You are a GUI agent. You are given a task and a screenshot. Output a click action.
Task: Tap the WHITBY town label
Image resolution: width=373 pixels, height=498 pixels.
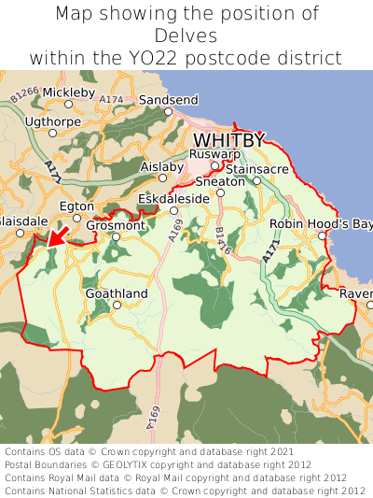click(228, 140)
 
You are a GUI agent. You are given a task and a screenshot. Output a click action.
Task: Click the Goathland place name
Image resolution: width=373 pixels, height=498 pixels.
click(117, 293)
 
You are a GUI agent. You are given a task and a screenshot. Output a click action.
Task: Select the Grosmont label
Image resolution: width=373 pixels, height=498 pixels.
click(116, 225)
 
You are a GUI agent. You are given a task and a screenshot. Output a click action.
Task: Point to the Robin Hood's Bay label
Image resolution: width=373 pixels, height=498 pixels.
click(321, 224)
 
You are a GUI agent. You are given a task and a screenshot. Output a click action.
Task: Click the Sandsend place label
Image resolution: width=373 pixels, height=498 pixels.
click(169, 100)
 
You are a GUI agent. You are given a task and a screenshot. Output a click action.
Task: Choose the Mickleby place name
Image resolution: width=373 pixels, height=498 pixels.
click(69, 92)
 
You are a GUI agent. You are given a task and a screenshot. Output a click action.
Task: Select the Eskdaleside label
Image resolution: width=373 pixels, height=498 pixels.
click(173, 199)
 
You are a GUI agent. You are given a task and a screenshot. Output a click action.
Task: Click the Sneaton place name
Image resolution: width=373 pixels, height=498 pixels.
click(220, 181)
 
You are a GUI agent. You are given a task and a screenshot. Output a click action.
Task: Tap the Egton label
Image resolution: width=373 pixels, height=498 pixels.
click(76, 206)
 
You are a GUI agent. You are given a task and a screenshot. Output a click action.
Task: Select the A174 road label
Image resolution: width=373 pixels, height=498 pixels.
click(111, 99)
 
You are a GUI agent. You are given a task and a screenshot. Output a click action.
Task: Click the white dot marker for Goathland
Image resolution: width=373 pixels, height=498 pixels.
click(117, 305)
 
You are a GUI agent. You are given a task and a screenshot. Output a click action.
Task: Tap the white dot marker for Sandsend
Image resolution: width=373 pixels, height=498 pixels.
click(169, 111)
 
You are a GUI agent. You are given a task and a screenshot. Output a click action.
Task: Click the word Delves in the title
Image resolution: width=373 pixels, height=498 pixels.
click(186, 36)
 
